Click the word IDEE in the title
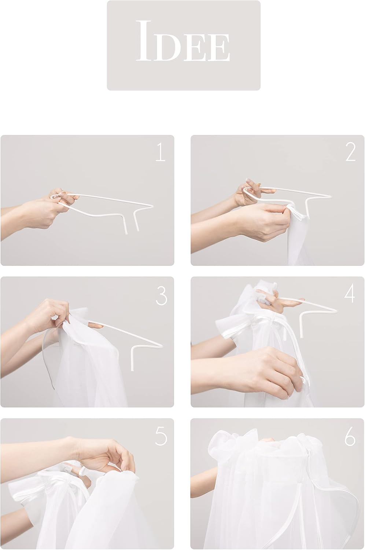(183, 41)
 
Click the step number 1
(161, 153)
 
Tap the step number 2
(350, 153)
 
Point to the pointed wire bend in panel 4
(336, 311)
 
